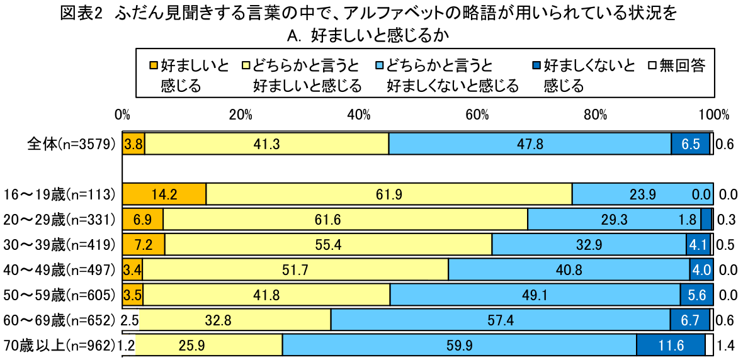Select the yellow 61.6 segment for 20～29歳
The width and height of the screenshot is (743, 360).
click(345, 220)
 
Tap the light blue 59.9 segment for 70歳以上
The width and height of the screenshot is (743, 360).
click(459, 345)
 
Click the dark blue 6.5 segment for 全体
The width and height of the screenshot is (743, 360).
click(690, 144)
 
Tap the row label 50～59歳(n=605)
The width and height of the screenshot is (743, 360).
click(60, 295)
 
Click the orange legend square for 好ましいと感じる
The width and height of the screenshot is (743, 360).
click(154, 65)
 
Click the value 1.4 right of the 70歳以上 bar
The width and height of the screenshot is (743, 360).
click(725, 346)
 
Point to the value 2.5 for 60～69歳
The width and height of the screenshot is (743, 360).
click(130, 320)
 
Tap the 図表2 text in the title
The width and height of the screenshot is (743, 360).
click(81, 14)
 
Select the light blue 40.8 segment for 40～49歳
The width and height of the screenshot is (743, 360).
click(569, 270)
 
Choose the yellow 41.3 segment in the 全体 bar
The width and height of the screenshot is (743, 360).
click(266, 144)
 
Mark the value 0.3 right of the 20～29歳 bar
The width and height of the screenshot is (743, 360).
click(725, 220)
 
